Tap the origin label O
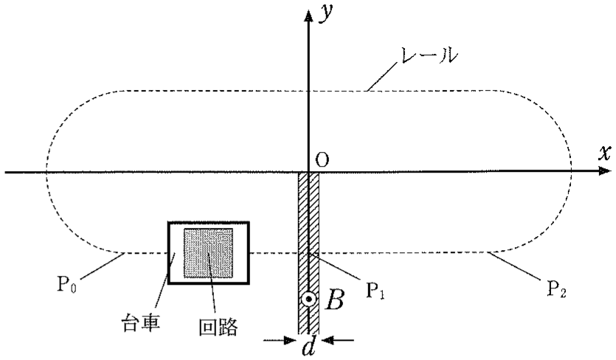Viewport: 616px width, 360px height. point(322,160)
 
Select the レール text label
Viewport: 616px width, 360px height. point(427,56)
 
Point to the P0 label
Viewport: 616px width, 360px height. point(67,284)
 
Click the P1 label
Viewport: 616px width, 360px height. point(375,290)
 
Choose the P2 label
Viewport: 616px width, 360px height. point(557,288)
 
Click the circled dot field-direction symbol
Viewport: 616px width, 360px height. point(309,299)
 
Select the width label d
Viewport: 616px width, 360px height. point(309,345)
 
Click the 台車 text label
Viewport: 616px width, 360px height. point(140,323)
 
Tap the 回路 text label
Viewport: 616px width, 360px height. point(218,327)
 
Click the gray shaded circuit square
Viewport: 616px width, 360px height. point(208,253)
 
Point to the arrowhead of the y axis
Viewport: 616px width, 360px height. point(309,15)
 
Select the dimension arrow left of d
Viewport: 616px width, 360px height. point(280,340)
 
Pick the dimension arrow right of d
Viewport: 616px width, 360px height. point(338,340)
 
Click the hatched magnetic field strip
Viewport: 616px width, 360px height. point(309,252)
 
